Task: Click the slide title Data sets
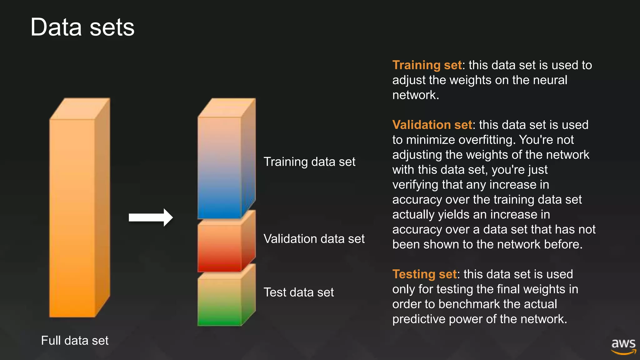pyautogui.click(x=82, y=27)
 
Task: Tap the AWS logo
pyautogui.click(x=623, y=346)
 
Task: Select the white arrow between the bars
pyautogui.click(x=151, y=217)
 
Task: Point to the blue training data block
pyautogui.click(x=219, y=169)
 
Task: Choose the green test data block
pyautogui.click(x=219, y=302)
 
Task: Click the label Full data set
pyautogui.click(x=75, y=341)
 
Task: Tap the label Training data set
pyautogui.click(x=309, y=162)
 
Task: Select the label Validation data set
pyautogui.click(x=314, y=239)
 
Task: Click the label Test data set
pyautogui.click(x=299, y=292)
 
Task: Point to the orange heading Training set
pyautogui.click(x=427, y=65)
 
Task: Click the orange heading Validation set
pyautogui.click(x=432, y=125)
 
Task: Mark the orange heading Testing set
pyautogui.click(x=424, y=274)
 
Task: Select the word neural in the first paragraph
pyautogui.click(x=550, y=80)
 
